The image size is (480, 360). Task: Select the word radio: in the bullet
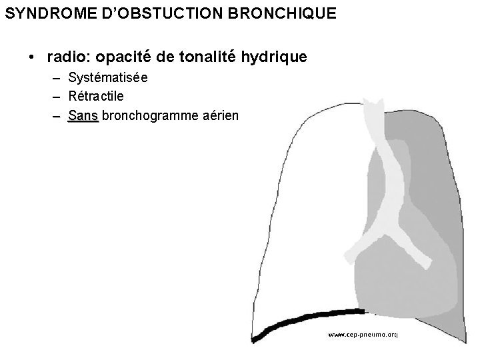[69, 57]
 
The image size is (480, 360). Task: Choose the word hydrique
[274, 57]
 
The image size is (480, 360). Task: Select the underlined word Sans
[83, 116]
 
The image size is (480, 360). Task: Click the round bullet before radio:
[32, 58]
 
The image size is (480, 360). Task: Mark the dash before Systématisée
[58, 79]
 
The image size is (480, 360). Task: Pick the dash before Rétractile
[58, 97]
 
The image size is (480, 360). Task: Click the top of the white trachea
[371, 107]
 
